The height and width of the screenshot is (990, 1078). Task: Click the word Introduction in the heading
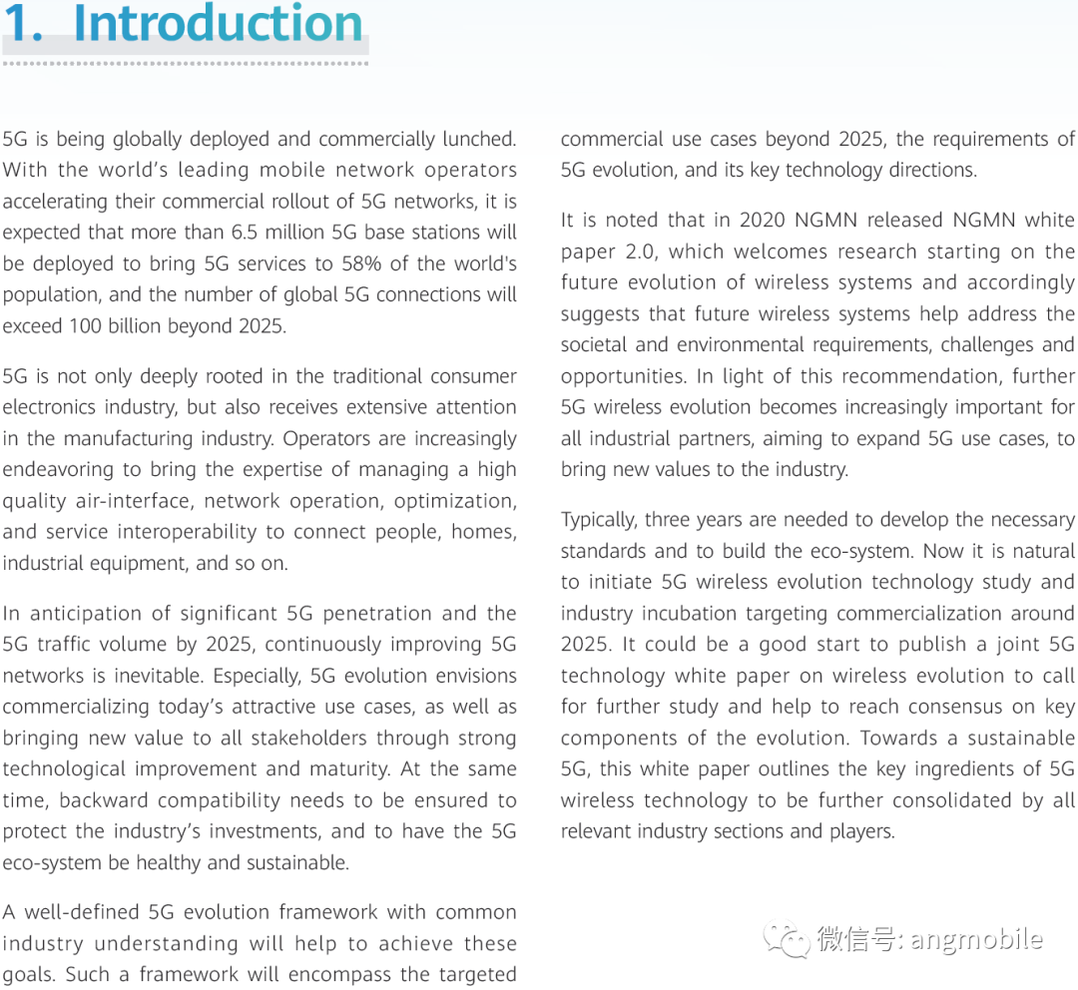point(218,24)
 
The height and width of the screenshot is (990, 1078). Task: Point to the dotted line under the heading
point(186,63)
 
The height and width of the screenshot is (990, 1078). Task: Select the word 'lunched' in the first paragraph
point(478,139)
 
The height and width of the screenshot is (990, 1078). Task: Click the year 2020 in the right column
point(765,220)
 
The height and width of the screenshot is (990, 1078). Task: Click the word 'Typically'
point(597,520)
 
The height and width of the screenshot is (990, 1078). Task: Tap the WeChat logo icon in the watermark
point(786,938)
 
